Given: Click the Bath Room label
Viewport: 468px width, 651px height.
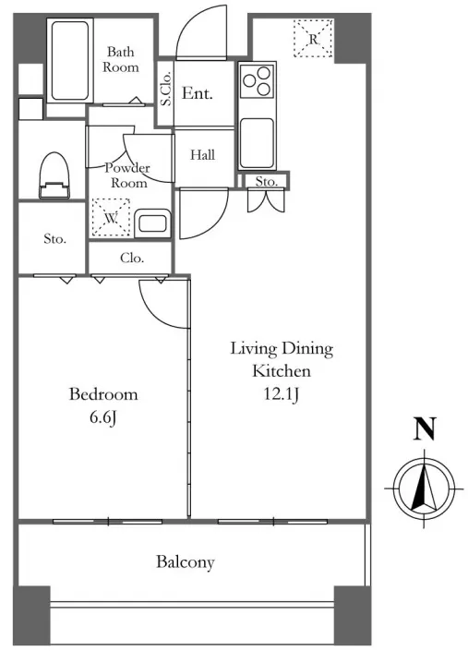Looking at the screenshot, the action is click(121, 59).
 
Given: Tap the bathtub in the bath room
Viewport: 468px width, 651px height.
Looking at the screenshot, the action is click(70, 61).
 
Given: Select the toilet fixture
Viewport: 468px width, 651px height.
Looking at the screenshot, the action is click(54, 175).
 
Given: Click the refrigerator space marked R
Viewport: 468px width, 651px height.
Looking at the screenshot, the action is click(313, 39).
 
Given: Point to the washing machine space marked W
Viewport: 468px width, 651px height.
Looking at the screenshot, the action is click(111, 218).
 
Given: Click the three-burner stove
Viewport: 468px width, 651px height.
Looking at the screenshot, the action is click(257, 79).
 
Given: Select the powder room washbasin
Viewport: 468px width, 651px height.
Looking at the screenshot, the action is click(152, 223).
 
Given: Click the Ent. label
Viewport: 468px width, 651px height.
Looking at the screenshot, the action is click(198, 93).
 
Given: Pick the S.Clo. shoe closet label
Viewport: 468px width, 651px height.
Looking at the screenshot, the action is click(165, 89).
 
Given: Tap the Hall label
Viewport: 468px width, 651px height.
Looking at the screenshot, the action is click(203, 155).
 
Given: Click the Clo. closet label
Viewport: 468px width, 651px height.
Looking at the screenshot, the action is click(132, 259).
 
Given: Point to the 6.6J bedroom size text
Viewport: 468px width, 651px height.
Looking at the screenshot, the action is click(102, 417).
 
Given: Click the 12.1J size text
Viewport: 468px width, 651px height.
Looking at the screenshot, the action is click(282, 394).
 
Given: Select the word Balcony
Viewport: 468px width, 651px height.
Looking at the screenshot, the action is click(186, 562).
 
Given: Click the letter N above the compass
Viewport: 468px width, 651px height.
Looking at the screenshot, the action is click(425, 428).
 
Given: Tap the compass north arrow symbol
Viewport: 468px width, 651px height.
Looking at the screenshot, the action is click(424, 488).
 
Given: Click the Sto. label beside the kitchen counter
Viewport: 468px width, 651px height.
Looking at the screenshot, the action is click(267, 181).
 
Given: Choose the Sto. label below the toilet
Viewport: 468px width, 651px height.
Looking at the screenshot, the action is click(54, 239).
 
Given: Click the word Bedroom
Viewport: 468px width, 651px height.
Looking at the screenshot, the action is click(103, 394).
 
